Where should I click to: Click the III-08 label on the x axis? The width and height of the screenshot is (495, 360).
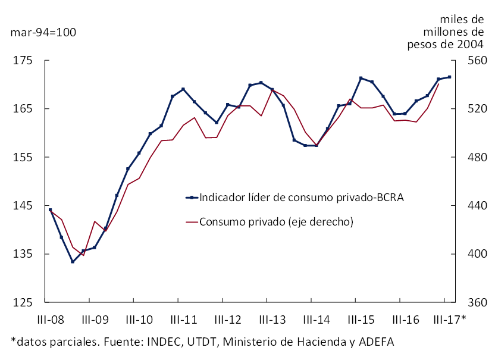pyautogui.click(x=51, y=320)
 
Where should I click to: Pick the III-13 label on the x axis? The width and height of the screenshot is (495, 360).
pyautogui.click(x=272, y=320)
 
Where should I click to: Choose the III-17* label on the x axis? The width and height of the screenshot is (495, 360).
pyautogui.click(x=450, y=320)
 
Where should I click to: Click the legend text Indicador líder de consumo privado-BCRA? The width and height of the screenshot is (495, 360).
pyautogui.click(x=302, y=198)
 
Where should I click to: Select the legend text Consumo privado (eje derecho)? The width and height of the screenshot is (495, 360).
pyautogui.click(x=277, y=222)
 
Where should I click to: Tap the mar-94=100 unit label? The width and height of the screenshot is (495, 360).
pyautogui.click(x=43, y=32)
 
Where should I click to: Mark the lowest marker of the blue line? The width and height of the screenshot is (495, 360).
pyautogui.click(x=73, y=262)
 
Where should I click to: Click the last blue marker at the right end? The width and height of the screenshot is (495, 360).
pyautogui.click(x=450, y=77)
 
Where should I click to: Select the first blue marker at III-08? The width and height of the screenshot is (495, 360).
pyautogui.click(x=51, y=209)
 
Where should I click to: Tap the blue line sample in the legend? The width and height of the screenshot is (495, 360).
pyautogui.click(x=192, y=198)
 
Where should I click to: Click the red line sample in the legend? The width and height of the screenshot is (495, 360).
pyautogui.click(x=192, y=222)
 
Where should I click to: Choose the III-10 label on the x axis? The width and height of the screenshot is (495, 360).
pyautogui.click(x=139, y=320)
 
